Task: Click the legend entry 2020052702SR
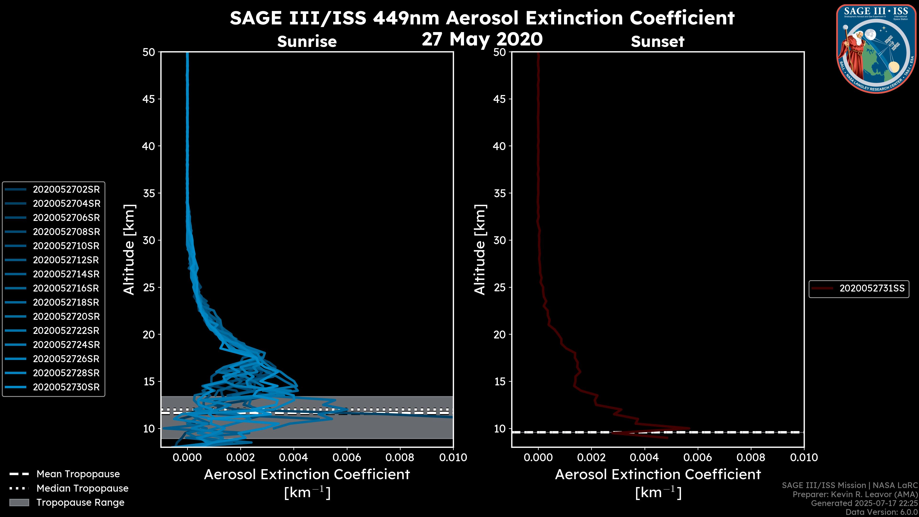click(66, 190)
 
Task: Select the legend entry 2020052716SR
click(66, 288)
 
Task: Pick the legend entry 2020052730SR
click(66, 387)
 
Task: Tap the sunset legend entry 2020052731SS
click(872, 288)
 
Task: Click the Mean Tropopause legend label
click(78, 474)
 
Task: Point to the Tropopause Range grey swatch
click(19, 502)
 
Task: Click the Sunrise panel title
click(307, 41)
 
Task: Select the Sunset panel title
click(657, 41)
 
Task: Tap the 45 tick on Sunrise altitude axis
click(149, 99)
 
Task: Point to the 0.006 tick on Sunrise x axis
click(347, 457)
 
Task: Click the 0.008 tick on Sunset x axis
click(751, 457)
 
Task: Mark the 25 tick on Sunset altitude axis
click(499, 287)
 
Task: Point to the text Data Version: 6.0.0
click(882, 512)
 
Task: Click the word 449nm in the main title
click(406, 18)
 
